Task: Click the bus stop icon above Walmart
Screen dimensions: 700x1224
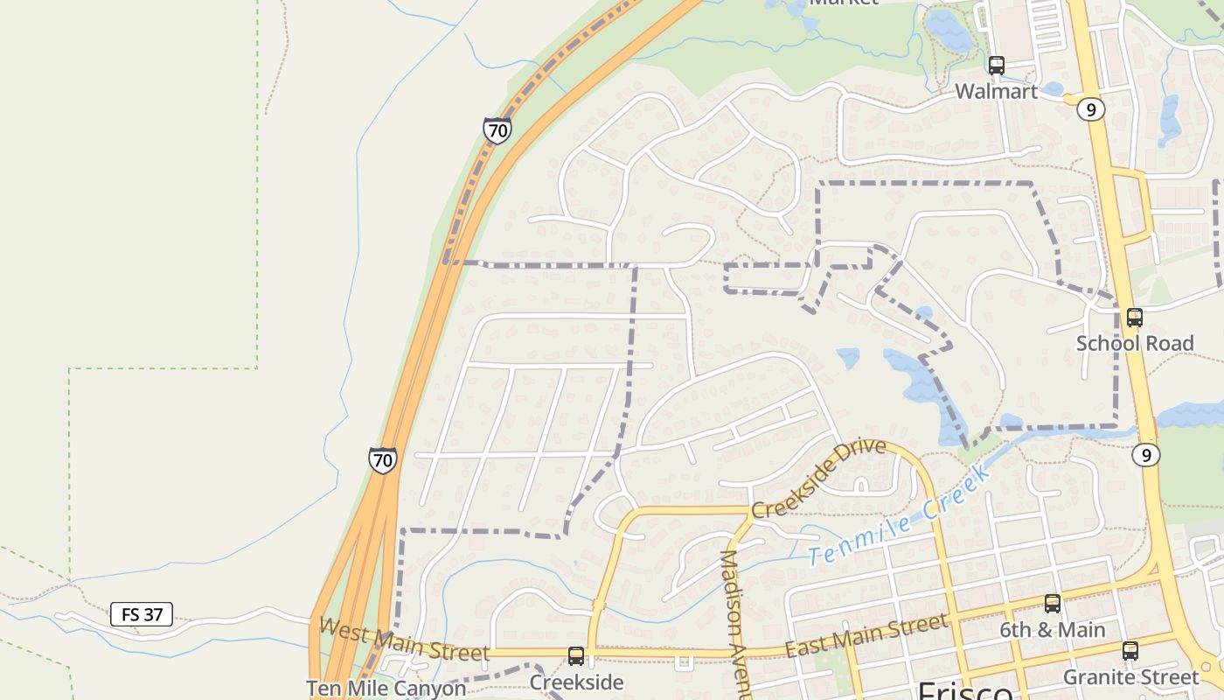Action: [996, 65]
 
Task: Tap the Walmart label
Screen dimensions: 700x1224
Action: [996, 91]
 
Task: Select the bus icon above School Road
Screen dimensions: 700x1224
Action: [1134, 318]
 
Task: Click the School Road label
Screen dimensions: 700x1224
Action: [1134, 343]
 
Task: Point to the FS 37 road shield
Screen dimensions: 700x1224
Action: [142, 614]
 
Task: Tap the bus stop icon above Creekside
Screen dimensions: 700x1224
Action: [575, 656]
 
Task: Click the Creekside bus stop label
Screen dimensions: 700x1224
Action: [576, 682]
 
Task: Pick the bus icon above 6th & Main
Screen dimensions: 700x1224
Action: [1052, 604]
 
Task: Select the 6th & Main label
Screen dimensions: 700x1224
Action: [1052, 629]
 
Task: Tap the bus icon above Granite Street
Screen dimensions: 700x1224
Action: [1130, 651]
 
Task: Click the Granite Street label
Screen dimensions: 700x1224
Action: [1130, 676]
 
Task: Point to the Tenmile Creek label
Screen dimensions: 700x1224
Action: [900, 515]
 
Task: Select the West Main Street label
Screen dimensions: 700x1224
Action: [404, 640]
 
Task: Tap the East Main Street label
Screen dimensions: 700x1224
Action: [866, 636]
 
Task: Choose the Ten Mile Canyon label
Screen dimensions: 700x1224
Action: [386, 689]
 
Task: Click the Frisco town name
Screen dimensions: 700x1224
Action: [964, 691]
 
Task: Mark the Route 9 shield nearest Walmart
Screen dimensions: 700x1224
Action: [1090, 109]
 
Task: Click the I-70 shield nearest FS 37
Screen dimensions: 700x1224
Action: [382, 460]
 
